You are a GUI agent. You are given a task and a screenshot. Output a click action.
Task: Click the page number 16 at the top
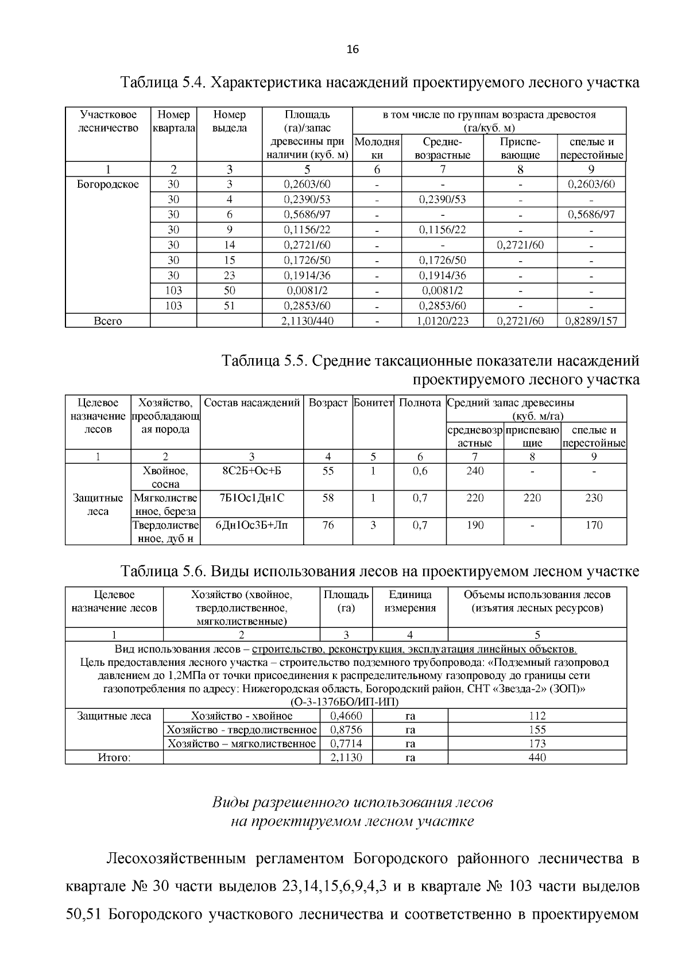[x=353, y=50]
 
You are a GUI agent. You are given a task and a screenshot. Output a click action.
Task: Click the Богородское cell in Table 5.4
[x=108, y=184]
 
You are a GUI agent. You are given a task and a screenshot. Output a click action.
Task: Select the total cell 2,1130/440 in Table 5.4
[x=307, y=321]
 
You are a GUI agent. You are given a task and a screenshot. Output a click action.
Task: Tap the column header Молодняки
[x=377, y=148]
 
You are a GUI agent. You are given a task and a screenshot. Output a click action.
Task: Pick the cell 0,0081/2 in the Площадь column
[x=307, y=290]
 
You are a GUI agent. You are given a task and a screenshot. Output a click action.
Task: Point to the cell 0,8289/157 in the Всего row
[x=591, y=321]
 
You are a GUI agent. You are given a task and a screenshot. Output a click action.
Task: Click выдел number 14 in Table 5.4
[x=229, y=245]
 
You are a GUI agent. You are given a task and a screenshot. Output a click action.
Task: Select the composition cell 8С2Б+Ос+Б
[x=251, y=471]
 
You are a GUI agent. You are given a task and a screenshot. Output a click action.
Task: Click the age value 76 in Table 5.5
[x=328, y=525]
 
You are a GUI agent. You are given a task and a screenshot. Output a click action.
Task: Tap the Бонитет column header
[x=373, y=403]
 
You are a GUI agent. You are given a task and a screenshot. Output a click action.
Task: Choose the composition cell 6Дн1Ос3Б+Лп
[x=251, y=525]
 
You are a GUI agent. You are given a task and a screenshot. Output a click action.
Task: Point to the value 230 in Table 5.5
[x=594, y=498]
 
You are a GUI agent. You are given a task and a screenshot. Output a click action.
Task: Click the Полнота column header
[x=420, y=403]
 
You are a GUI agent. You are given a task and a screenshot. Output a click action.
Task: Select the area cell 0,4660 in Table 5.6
[x=346, y=716]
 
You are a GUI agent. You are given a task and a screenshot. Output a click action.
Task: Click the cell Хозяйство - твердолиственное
[x=241, y=730]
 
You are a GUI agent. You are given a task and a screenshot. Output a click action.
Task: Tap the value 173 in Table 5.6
[x=537, y=744]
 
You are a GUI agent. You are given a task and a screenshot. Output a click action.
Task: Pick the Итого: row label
[x=114, y=758]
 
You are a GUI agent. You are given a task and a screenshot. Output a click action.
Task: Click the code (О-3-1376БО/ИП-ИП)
[x=345, y=702]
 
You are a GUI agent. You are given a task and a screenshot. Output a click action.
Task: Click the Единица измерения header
[x=410, y=602]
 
